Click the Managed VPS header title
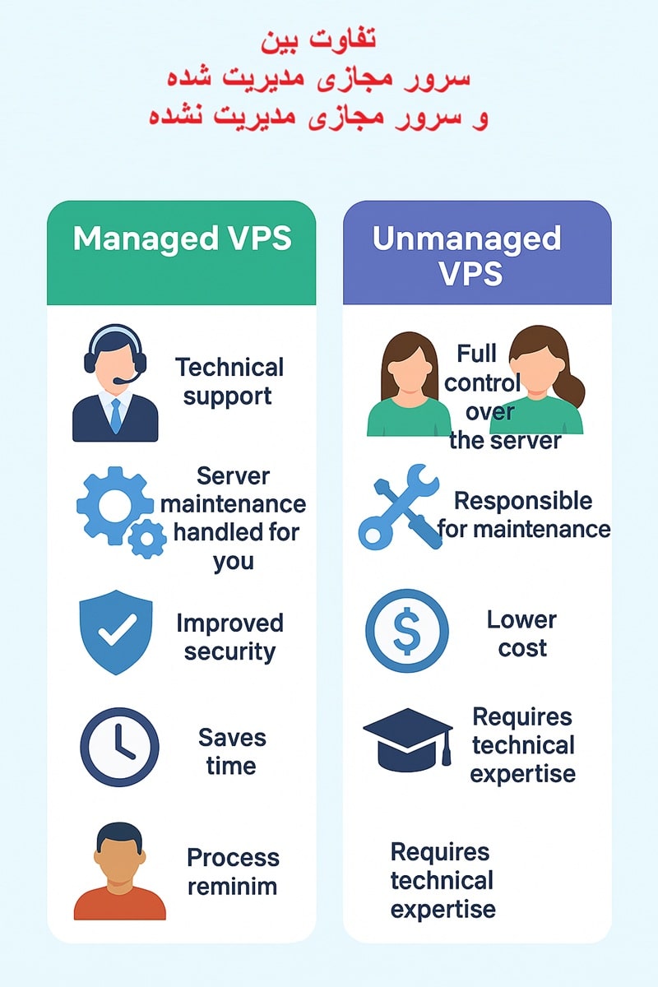pos(182,239)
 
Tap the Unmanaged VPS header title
pos(466,255)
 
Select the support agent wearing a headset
pos(115,383)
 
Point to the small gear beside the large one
pos(148,538)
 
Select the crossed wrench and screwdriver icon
pos(401,507)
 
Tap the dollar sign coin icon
pos(407,631)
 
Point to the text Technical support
pos(229,381)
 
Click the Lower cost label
pos(521,633)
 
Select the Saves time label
pos(231,751)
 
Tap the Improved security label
pos(229,637)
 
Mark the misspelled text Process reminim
pos(233,872)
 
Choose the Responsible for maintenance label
pos(524,514)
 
